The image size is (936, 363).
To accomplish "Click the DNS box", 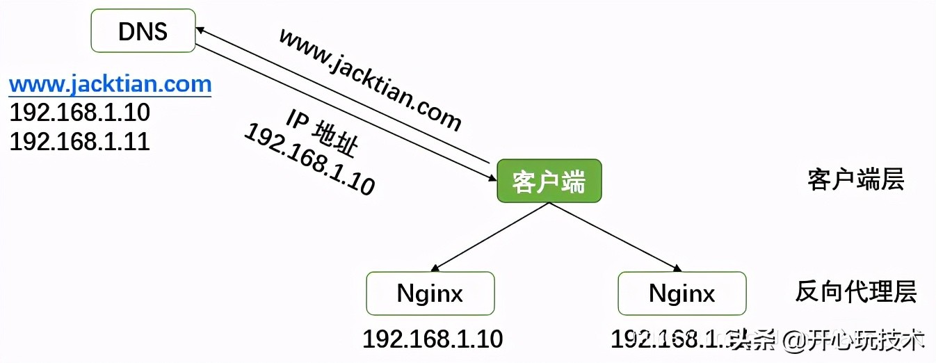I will pyautogui.click(x=143, y=31).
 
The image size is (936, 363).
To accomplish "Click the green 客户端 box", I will pyautogui.click(x=549, y=181).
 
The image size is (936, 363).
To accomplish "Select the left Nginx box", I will pyautogui.click(x=430, y=293).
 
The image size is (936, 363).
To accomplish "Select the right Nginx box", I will pyautogui.click(x=681, y=293).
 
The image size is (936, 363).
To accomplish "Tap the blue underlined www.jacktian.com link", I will pyautogui.click(x=110, y=85).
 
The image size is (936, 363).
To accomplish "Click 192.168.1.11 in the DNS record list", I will pyautogui.click(x=79, y=141).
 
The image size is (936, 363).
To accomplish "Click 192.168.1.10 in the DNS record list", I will pyautogui.click(x=79, y=113).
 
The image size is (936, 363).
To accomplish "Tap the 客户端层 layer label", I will pyautogui.click(x=855, y=180).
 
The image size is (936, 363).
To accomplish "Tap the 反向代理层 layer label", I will pyautogui.click(x=855, y=292).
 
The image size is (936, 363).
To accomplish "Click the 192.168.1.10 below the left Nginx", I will pyautogui.click(x=432, y=339).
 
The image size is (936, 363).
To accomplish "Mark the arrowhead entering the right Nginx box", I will pyautogui.click(x=677, y=268).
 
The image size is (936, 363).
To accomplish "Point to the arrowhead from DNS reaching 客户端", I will pyautogui.click(x=491, y=178).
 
